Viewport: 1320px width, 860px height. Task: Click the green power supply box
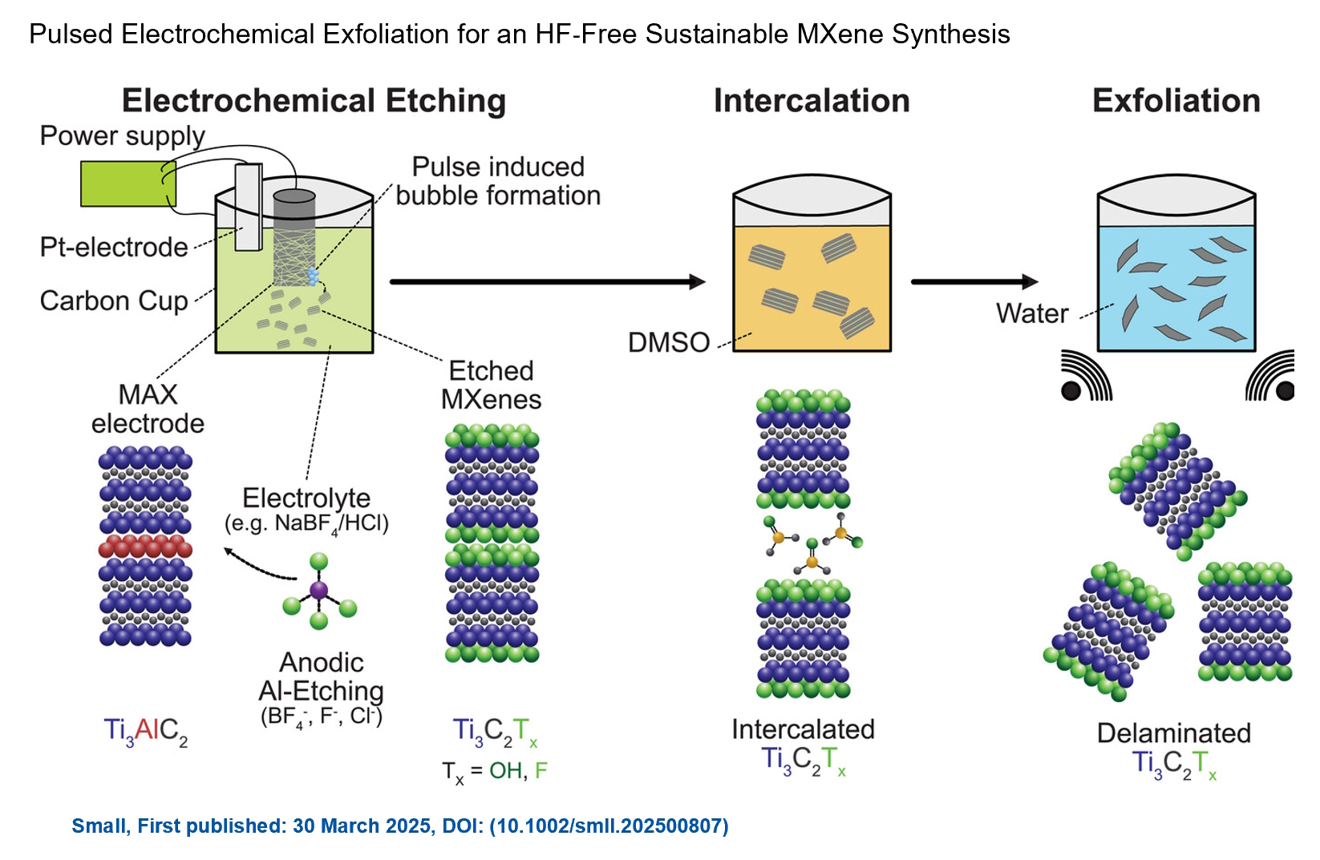pos(127,184)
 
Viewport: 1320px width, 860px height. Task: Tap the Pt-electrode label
pos(114,247)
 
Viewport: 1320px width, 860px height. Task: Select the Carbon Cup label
pos(114,301)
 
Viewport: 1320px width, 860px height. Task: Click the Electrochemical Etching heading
pos(314,101)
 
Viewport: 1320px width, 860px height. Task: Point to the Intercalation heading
pos(812,101)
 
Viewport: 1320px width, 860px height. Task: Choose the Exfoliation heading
pos(1176,101)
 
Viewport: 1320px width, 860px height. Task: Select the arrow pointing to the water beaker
pos(974,281)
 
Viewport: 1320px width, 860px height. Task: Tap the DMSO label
pos(669,343)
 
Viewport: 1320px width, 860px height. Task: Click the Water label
pos(1032,313)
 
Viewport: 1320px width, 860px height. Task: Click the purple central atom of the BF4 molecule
pos(318,592)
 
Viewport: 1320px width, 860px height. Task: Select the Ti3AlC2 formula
pos(145,730)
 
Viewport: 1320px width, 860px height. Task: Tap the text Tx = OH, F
pos(494,771)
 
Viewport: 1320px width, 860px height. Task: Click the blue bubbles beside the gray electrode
pos(314,277)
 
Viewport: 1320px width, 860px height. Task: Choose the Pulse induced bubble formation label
pos(498,181)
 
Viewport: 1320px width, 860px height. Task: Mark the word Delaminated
pos(1173,733)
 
